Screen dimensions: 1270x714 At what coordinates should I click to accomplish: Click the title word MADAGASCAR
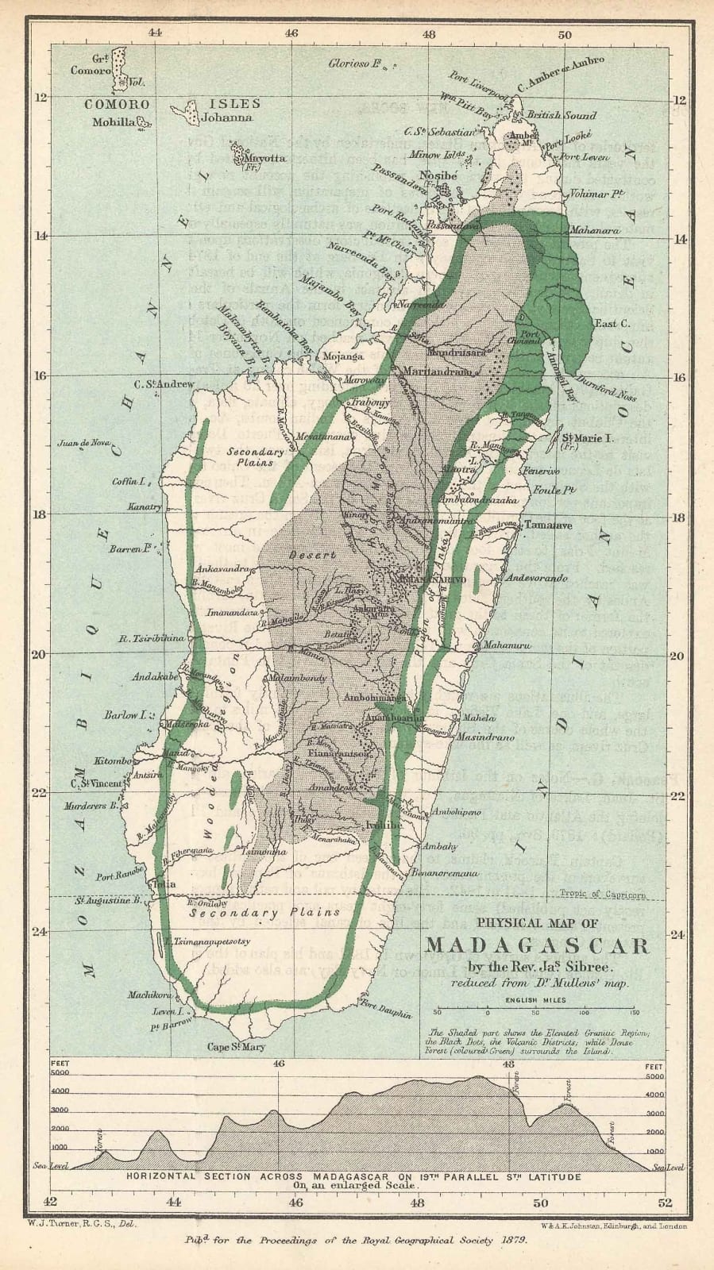[538, 946]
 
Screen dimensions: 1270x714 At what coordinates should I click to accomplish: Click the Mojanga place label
[343, 356]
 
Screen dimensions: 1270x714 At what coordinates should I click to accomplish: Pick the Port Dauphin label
[387, 1007]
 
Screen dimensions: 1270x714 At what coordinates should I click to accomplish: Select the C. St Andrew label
[164, 384]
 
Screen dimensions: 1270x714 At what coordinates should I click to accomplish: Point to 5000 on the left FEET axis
[60, 1073]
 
